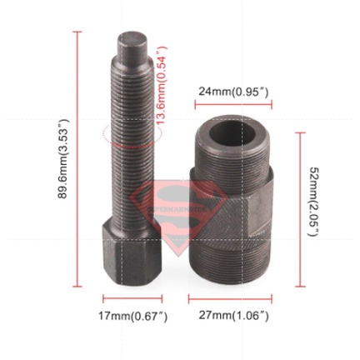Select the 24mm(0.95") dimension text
click(233, 90)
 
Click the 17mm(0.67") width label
click(133, 317)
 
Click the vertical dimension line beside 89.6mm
click(78, 158)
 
